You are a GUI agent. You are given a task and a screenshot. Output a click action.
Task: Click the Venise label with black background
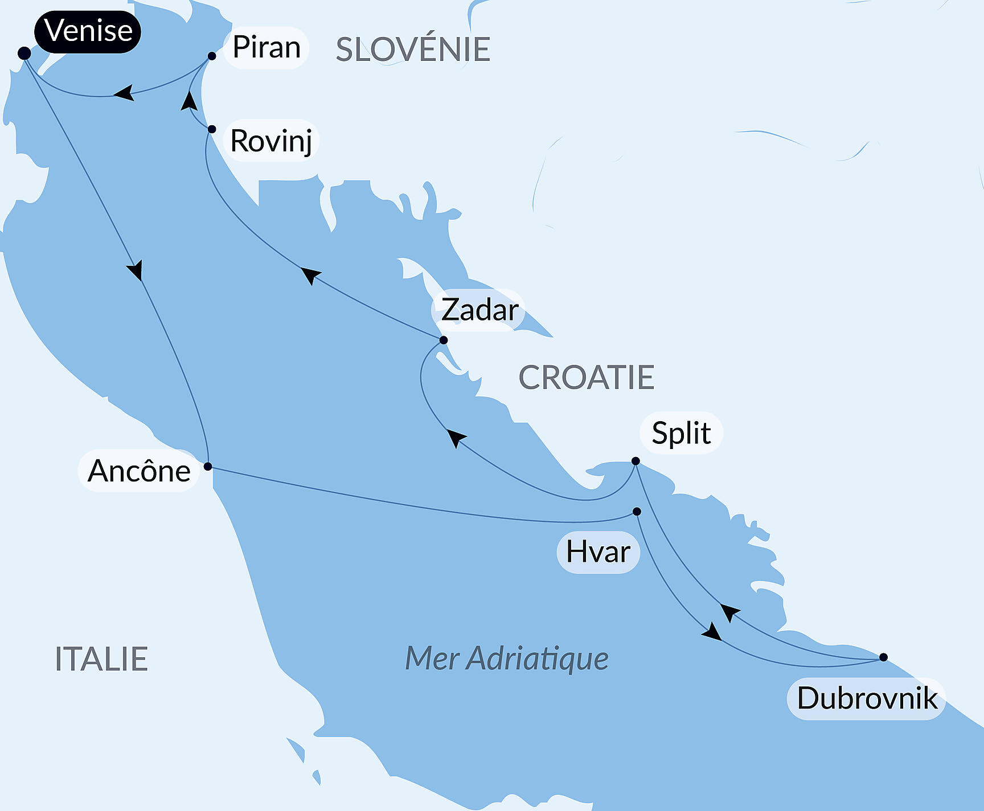point(88,31)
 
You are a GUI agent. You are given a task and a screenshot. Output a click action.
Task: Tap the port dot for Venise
point(24,53)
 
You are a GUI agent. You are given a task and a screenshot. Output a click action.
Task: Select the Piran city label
point(266,47)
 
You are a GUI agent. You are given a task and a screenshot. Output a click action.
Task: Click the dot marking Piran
point(212,56)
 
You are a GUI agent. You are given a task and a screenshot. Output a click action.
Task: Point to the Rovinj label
point(271,141)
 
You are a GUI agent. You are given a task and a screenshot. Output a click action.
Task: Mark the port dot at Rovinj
point(211,129)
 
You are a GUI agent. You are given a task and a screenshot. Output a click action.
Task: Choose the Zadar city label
point(479,310)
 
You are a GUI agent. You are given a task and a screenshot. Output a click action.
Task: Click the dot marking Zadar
point(443,340)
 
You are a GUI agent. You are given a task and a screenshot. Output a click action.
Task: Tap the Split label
point(681,433)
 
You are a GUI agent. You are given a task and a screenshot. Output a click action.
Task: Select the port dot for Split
point(635,461)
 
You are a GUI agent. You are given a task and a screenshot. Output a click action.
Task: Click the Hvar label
point(598,551)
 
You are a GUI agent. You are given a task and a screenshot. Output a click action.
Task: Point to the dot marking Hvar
point(637,512)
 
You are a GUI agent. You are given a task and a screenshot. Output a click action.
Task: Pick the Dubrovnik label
point(867,698)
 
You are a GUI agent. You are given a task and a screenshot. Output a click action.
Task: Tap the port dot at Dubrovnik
point(883,657)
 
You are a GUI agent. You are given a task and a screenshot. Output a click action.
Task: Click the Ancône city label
point(139,471)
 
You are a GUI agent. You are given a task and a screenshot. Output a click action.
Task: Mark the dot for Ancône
point(208,467)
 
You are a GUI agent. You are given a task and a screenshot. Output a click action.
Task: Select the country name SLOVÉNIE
point(413,50)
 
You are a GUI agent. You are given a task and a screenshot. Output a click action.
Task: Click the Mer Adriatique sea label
point(506,658)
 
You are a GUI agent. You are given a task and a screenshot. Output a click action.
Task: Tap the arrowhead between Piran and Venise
point(124,93)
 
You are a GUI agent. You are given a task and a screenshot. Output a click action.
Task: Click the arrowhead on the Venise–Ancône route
point(136,270)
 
